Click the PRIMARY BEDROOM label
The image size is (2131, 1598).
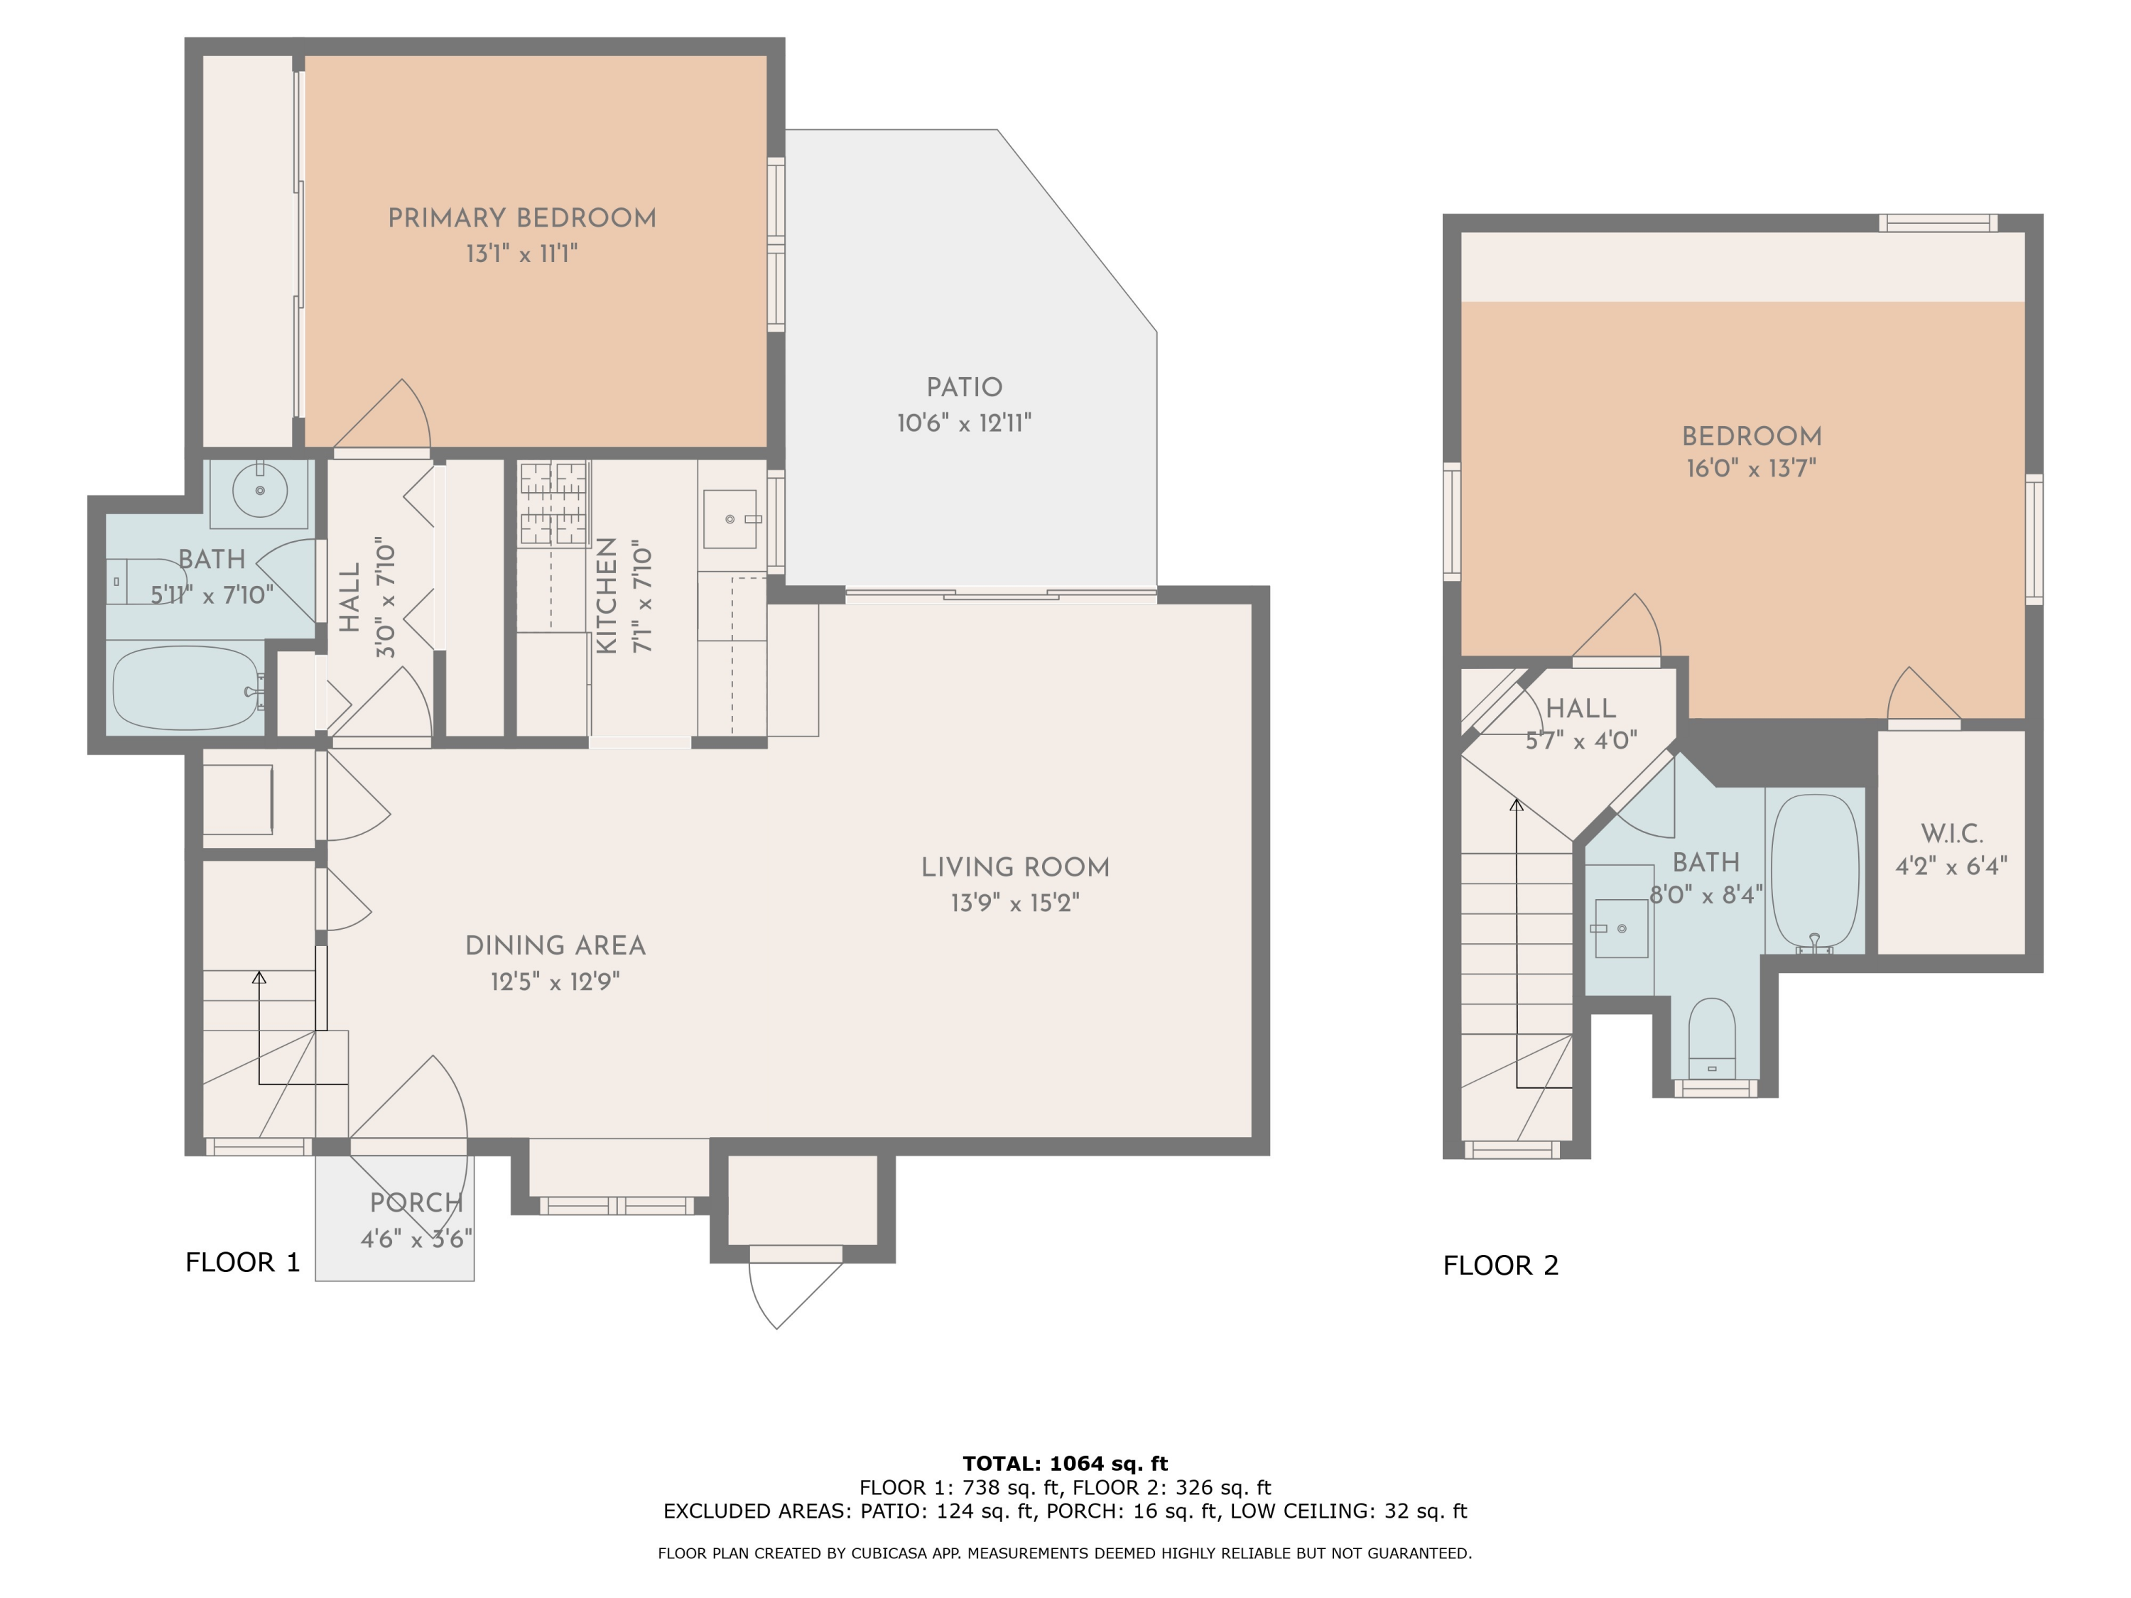pos(521,219)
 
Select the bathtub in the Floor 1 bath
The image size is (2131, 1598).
pos(185,687)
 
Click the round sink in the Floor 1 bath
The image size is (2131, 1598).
pos(259,490)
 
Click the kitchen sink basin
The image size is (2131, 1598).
pos(730,519)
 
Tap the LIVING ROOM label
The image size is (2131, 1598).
pos(1014,867)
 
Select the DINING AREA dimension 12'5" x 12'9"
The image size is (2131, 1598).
pos(555,982)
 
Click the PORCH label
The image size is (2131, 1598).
pos(416,1202)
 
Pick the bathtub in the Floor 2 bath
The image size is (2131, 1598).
pos(1814,871)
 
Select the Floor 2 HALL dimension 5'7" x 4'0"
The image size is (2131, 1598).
pos(1581,741)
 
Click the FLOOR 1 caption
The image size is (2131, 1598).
pos(243,1262)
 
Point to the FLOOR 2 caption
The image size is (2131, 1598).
pos(1500,1265)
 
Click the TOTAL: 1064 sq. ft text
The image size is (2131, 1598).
pos(1065,1464)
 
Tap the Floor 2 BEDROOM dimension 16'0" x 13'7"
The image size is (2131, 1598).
pos(1750,469)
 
